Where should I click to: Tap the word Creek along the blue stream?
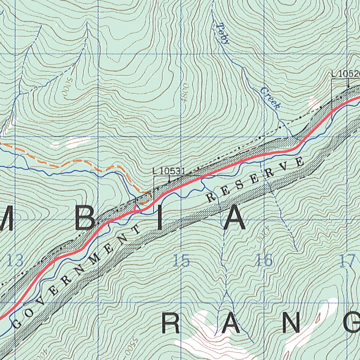click(x=270, y=98)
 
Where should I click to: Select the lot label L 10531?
click(x=169, y=171)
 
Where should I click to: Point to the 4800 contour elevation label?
click(x=186, y=93)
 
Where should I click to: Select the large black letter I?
click(x=160, y=220)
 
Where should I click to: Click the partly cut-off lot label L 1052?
click(x=346, y=74)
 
